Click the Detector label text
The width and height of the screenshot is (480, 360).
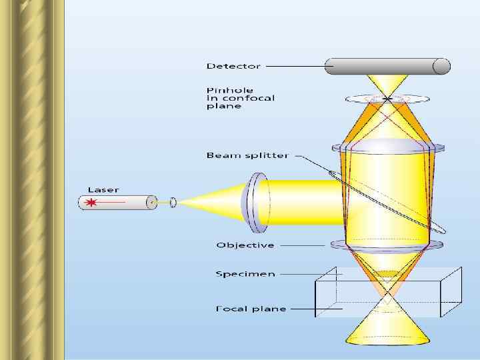point(233,66)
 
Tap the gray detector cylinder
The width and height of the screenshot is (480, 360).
point(387,66)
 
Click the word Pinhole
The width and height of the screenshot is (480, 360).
point(225,90)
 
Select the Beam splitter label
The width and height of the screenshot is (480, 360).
point(247,155)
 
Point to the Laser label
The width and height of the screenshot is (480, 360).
point(103,189)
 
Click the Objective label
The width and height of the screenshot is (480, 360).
point(245,245)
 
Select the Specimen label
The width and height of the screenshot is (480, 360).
point(245,273)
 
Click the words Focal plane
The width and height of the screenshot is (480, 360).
point(251,309)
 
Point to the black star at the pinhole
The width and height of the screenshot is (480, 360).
point(387,99)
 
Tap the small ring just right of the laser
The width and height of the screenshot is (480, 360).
point(173,201)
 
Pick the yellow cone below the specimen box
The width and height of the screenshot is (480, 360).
point(387,330)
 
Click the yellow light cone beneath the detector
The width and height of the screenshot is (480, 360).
point(387,84)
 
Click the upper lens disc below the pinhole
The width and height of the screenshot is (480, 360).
point(387,146)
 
